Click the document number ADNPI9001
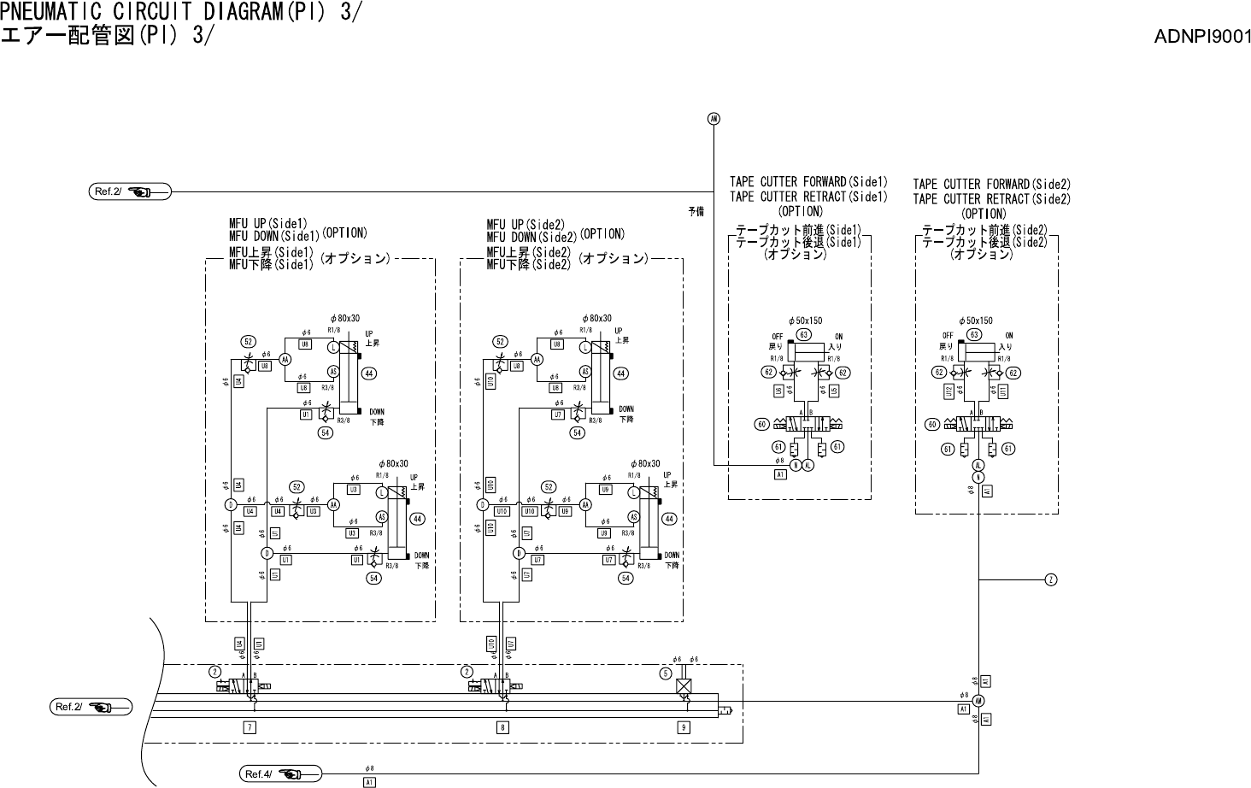pyautogui.click(x=1202, y=37)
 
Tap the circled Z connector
pyautogui.click(x=1051, y=580)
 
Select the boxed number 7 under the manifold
pyautogui.click(x=250, y=727)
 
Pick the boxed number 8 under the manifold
pyautogui.click(x=503, y=727)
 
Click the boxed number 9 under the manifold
pyautogui.click(x=683, y=727)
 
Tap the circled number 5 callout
pyautogui.click(x=665, y=673)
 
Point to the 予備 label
pyautogui.click(x=696, y=210)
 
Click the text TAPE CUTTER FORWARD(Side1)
pyautogui.click(x=808, y=182)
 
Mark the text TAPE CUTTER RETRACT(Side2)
pyautogui.click(x=991, y=199)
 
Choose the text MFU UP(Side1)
pyautogui.click(x=267, y=225)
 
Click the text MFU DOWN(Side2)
pyautogui.click(x=532, y=238)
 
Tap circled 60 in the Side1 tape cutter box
pyautogui.click(x=762, y=424)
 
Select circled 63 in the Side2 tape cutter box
pyautogui.click(x=974, y=335)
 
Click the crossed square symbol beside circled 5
pyautogui.click(x=684, y=685)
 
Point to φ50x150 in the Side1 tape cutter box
pyautogui.click(x=805, y=320)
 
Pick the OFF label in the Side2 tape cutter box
pyautogui.click(x=948, y=336)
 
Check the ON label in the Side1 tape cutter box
pyautogui.click(x=838, y=336)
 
